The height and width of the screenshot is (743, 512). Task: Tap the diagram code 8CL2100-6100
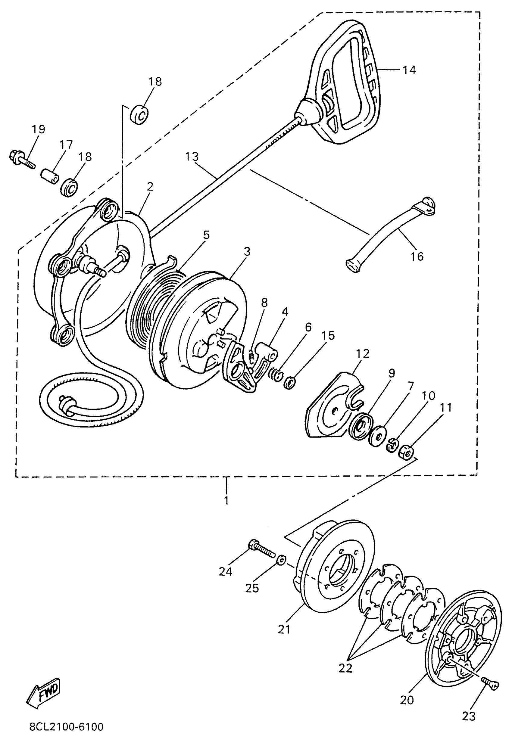(66, 726)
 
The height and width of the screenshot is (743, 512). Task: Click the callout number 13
(192, 157)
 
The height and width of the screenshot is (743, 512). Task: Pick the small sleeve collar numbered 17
(50, 177)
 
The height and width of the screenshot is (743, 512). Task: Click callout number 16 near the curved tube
(417, 256)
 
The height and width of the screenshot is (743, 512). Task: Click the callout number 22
(345, 668)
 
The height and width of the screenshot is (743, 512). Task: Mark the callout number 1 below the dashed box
(226, 500)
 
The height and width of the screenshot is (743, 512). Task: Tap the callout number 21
(284, 630)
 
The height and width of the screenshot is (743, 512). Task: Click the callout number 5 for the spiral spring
(206, 235)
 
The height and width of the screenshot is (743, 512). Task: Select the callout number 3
(247, 252)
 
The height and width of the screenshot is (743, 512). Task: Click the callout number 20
(407, 700)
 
